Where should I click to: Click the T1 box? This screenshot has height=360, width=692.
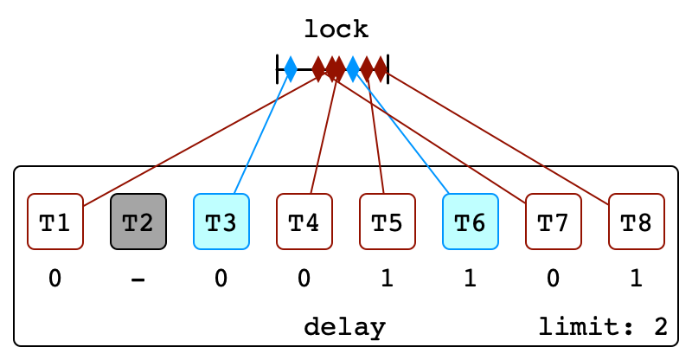[x=55, y=222]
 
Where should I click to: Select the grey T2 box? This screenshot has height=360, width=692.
[x=138, y=222]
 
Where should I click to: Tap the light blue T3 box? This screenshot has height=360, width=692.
[x=221, y=222]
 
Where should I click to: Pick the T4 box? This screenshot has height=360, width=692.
[x=304, y=222]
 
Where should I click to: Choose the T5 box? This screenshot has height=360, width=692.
[x=387, y=222]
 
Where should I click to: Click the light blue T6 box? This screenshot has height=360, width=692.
[x=471, y=222]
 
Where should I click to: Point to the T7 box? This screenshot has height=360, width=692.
[x=554, y=222]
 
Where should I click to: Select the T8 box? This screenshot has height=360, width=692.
[x=637, y=222]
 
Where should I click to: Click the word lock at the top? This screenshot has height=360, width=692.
[x=336, y=29]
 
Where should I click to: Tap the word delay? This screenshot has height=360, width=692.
[x=344, y=328]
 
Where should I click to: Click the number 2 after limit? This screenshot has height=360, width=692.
[x=661, y=327]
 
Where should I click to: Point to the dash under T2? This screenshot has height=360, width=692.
[x=138, y=280]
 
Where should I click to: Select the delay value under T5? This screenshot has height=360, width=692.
[x=387, y=279]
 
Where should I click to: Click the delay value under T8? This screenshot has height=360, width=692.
[x=637, y=279]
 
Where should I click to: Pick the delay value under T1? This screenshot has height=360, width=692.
[x=55, y=279]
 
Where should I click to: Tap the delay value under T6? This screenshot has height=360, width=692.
[x=471, y=279]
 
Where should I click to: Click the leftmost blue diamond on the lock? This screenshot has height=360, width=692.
[x=291, y=69]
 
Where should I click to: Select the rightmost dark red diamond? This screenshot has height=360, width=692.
[x=381, y=69]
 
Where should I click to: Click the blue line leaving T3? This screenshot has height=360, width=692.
[x=262, y=132]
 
